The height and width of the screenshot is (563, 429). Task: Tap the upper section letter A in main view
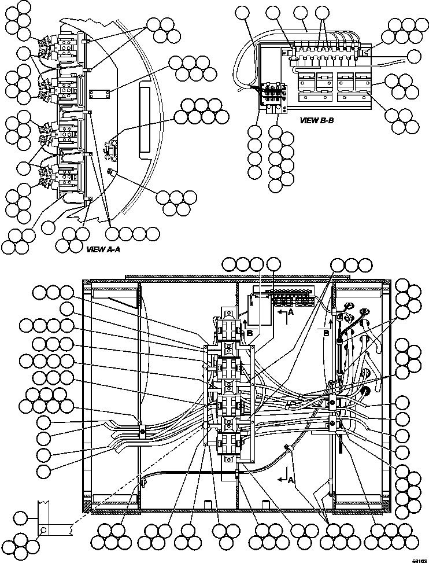click(290, 311)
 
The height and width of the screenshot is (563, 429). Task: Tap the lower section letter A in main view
click(291, 480)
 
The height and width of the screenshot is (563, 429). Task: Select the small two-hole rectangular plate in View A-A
click(99, 95)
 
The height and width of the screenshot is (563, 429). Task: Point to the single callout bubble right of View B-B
click(414, 56)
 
